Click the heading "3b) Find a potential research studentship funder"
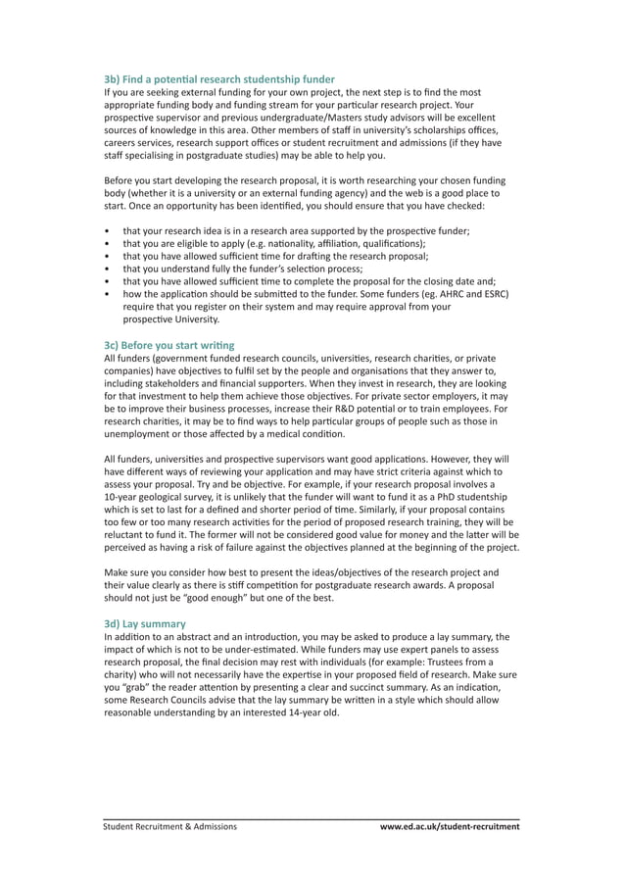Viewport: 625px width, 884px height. click(x=219, y=78)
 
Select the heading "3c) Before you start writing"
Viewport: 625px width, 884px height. click(x=169, y=345)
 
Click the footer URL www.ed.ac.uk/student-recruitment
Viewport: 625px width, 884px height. click(x=450, y=826)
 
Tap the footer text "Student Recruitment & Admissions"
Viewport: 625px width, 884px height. click(x=170, y=826)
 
